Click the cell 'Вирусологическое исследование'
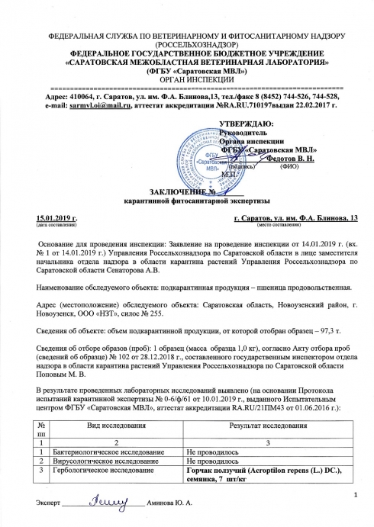[x=98, y=462]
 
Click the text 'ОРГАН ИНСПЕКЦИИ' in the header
[x=187, y=79]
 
